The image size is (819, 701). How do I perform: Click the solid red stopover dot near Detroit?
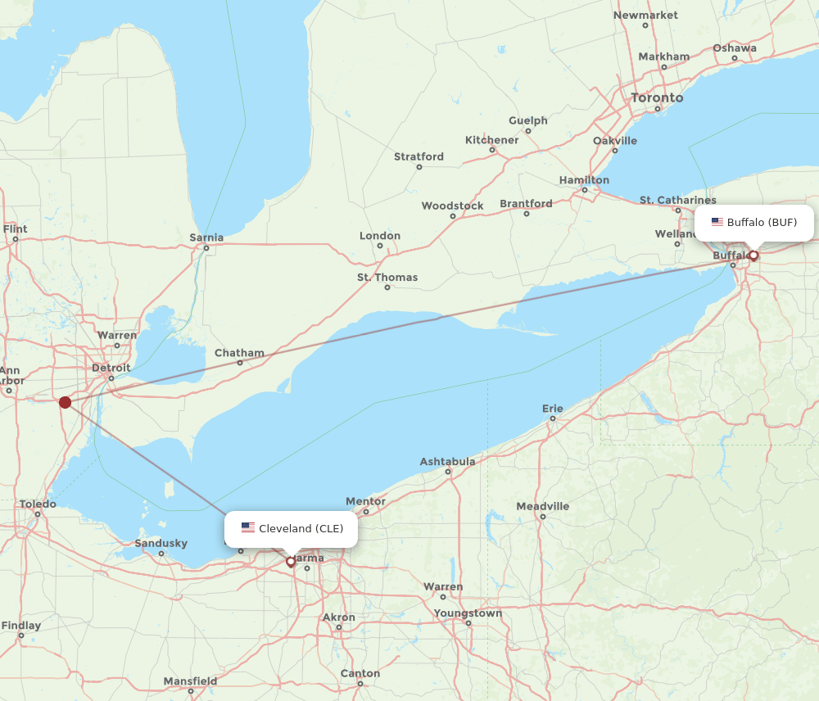65,402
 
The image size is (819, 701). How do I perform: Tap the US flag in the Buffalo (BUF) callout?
717,222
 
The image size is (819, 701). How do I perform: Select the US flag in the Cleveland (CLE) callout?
248,528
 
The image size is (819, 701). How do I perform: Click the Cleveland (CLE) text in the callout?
301,528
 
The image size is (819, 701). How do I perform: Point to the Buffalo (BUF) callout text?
762,222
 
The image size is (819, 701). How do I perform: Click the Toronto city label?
657,97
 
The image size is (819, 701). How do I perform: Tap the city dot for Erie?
553,418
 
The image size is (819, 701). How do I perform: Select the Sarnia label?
206,237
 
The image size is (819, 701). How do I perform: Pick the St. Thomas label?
387,278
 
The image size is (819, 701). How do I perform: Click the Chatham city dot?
240,363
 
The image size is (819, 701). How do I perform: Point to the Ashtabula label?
447,462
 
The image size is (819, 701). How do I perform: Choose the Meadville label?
542,506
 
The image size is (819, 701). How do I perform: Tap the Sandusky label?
161,543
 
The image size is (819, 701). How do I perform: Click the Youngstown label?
468,613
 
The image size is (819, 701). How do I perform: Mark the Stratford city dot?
419,167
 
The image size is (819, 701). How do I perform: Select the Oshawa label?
735,48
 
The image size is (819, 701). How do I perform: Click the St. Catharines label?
677,200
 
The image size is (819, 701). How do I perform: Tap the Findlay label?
21,626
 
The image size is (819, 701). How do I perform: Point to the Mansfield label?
190,681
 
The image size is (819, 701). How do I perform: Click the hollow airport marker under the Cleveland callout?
290,562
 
